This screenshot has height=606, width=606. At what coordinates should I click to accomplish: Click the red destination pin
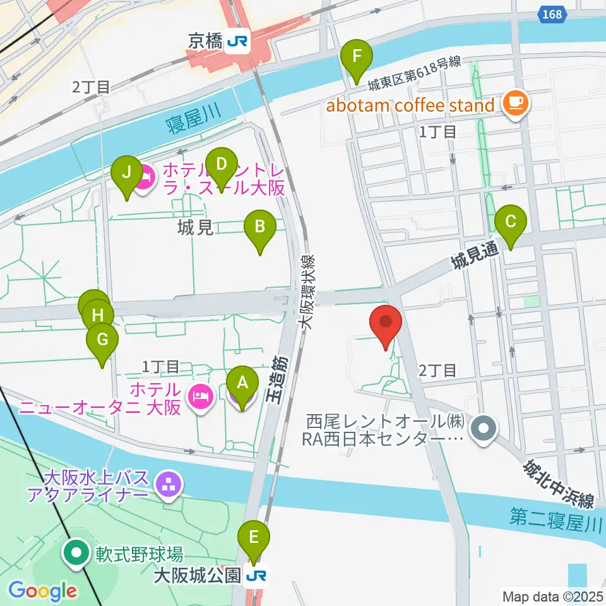(x=386, y=325)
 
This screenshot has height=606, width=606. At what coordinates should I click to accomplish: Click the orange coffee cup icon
(x=516, y=102)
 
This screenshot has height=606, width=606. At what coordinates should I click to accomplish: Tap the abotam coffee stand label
(x=410, y=105)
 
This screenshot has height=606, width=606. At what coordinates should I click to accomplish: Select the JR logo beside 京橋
(x=239, y=42)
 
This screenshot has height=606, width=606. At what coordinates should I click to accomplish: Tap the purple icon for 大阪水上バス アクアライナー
(x=169, y=485)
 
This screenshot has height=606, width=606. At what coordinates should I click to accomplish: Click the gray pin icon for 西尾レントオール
(x=484, y=429)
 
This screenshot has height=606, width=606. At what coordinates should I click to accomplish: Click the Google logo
(x=42, y=591)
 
